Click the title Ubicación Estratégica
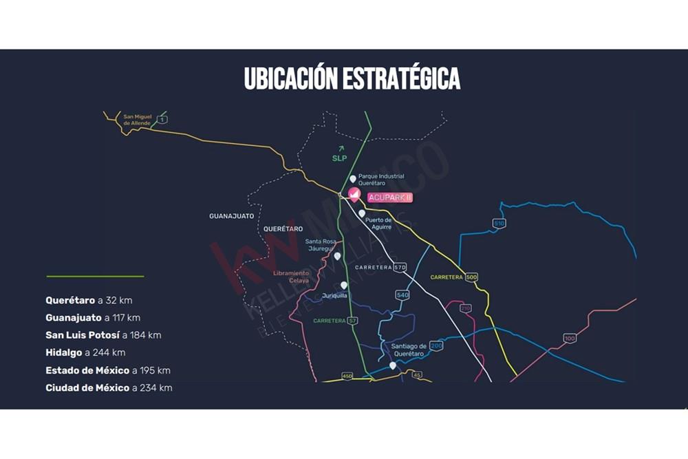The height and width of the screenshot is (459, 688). [352, 78]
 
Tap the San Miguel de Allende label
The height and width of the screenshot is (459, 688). [136, 120]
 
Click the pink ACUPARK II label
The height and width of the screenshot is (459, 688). [389, 198]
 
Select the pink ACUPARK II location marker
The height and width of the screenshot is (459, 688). [354, 195]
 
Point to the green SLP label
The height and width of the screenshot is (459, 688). [339, 157]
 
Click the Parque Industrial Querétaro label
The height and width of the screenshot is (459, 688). [380, 180]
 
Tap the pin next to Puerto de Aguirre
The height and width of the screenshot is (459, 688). [362, 214]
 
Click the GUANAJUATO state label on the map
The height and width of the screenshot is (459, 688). [231, 216]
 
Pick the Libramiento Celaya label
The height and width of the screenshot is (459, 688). [290, 277]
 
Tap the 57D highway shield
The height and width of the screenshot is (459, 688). [400, 267]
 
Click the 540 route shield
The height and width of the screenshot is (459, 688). [402, 295]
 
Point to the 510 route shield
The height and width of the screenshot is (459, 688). [499, 224]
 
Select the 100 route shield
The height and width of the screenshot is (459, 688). [569, 338]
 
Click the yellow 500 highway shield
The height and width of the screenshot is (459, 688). [471, 277]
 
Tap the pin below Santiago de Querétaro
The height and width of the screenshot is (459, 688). [393, 365]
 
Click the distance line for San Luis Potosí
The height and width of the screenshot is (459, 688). [103, 335]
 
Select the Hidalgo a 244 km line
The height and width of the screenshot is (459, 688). [85, 353]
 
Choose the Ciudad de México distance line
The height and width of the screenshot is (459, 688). [109, 388]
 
